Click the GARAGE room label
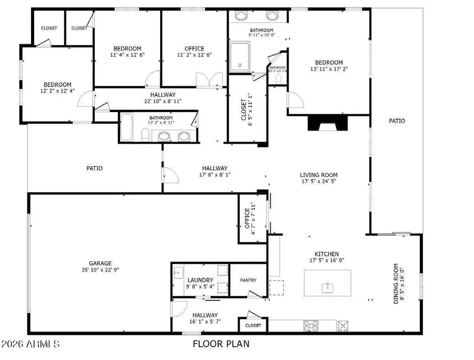coord(100,263)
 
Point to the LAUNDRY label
coord(200,280)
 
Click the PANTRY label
coord(248,280)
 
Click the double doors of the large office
coord(206,80)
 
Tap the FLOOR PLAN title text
coord(221,344)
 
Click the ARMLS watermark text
coord(30,345)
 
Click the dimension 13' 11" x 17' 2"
coord(329,68)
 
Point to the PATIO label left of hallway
coord(94,168)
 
